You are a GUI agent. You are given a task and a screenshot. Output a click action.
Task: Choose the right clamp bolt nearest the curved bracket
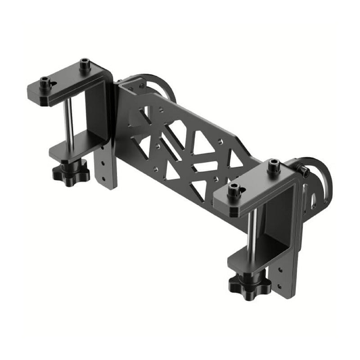[x=273, y=166]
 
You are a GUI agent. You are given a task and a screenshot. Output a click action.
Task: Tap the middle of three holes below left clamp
[x=105, y=164]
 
